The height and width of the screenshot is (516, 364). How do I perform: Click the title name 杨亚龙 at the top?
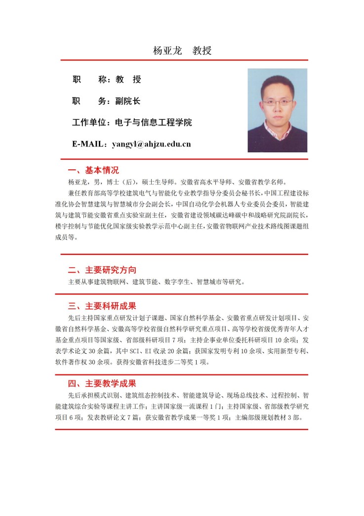(168, 51)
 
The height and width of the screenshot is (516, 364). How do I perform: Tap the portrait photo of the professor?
(277, 110)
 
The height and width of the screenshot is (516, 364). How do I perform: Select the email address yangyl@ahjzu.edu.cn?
(151, 144)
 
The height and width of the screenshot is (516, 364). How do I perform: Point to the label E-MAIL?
(88, 144)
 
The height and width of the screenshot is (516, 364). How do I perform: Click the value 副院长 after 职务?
(128, 101)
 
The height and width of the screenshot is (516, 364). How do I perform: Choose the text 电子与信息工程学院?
(153, 123)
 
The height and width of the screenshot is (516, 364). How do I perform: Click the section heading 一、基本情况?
(93, 170)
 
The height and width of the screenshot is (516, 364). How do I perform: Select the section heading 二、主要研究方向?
(102, 270)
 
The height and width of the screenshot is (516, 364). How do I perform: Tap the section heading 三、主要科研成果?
(102, 305)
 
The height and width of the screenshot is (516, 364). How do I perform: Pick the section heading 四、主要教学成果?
(102, 383)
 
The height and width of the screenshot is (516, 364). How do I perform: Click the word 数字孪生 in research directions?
(176, 282)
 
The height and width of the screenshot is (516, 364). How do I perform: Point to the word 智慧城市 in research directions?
(210, 282)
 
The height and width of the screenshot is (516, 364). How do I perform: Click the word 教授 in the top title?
(202, 51)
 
